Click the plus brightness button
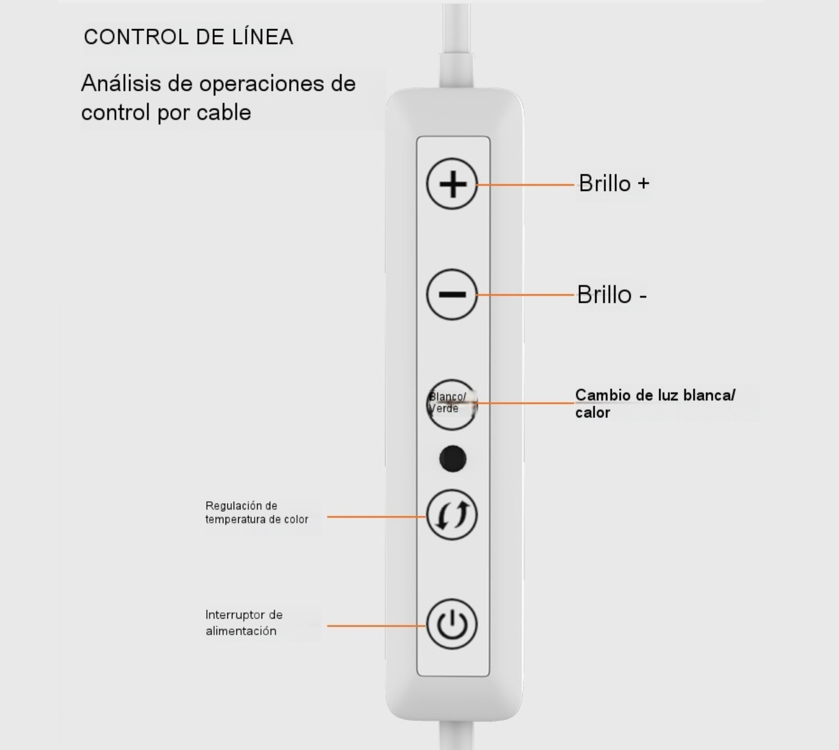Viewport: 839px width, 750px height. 452,183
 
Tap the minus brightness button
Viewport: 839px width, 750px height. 452,294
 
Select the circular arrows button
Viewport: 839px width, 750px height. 452,515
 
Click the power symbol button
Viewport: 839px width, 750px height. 452,624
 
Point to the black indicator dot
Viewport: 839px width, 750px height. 453,459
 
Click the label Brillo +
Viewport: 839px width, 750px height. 614,183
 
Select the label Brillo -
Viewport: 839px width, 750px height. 612,294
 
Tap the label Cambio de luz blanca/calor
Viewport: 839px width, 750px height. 655,403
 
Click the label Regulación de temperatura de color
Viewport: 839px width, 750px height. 257,513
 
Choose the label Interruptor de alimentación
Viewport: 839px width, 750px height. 244,623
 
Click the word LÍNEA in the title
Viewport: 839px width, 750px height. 262,37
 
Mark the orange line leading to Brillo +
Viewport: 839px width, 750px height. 526,185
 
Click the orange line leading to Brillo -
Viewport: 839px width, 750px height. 526,295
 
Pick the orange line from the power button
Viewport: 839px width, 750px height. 376,625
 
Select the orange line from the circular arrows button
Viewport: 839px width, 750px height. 376,516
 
